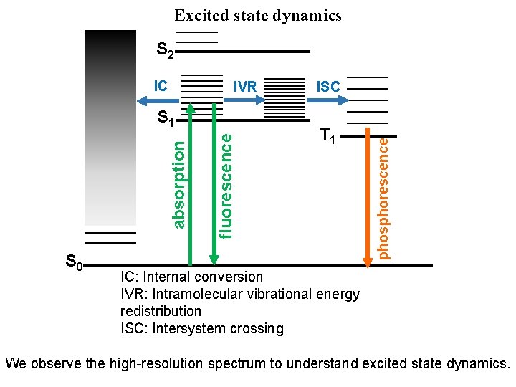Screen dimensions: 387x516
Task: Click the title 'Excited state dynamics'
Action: tap(258, 15)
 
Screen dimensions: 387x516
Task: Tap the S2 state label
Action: tap(165, 51)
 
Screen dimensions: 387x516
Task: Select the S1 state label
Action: tap(166, 118)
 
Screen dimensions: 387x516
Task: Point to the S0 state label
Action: tap(74, 262)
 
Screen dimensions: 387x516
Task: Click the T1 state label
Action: tap(328, 135)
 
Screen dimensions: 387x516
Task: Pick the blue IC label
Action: tap(161, 86)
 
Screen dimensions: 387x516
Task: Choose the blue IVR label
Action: tap(245, 87)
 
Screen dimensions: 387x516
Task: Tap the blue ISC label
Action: tap(328, 87)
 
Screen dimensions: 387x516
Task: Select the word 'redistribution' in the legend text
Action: tap(161, 312)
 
